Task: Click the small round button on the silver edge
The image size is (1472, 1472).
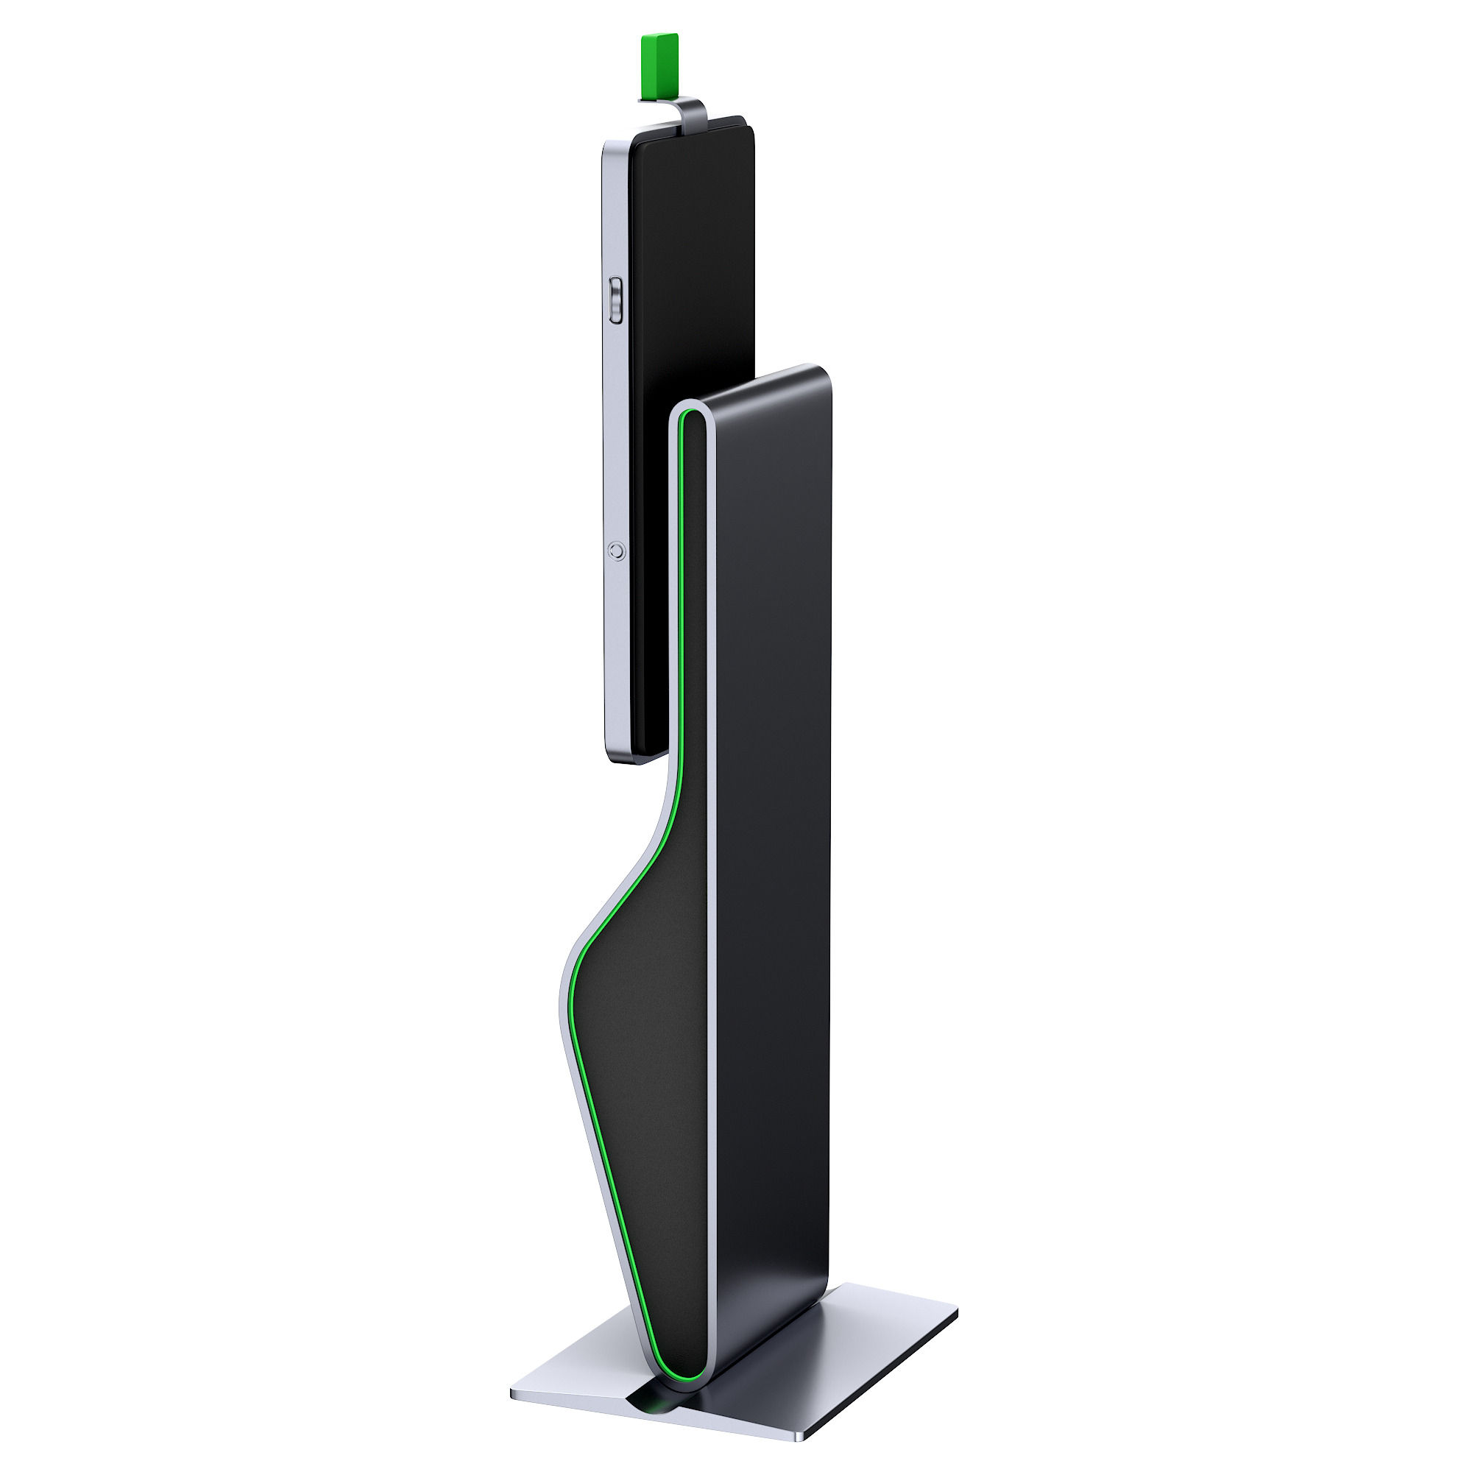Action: coord(618,549)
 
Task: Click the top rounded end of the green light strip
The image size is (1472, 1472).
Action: coord(688,416)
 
